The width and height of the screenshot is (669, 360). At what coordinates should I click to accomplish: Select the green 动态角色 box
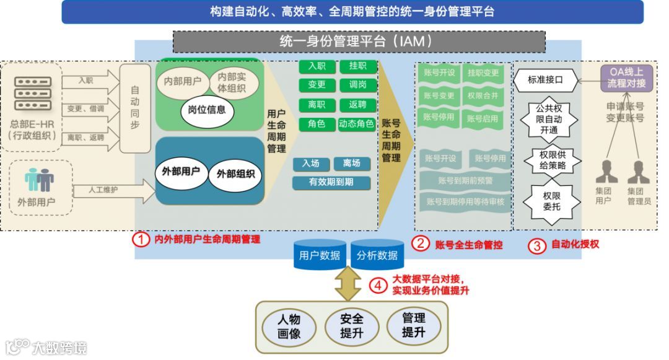356,124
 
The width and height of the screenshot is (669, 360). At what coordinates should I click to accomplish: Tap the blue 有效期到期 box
331,183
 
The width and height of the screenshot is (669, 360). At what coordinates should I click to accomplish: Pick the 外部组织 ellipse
235,174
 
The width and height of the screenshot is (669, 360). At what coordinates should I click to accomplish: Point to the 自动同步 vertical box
135,108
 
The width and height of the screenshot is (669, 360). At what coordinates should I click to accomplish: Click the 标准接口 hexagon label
545,80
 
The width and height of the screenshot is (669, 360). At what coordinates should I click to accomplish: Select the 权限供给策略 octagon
553,160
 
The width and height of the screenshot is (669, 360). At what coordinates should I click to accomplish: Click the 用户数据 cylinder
320,255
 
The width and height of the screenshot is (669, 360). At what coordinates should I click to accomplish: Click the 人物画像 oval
289,326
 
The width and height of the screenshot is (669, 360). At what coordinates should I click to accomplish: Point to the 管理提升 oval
414,325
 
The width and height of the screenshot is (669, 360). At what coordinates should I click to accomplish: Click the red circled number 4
377,285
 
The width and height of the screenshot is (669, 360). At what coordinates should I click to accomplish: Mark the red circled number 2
421,244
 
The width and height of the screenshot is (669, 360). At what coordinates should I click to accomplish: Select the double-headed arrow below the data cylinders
348,286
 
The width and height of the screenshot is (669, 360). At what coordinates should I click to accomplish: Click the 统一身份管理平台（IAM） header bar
359,42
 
